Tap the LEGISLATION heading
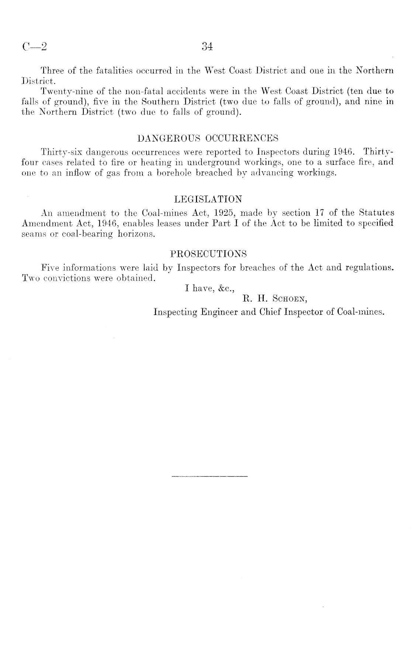[208, 200]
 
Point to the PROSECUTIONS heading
[208, 254]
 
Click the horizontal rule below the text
[210, 477]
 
